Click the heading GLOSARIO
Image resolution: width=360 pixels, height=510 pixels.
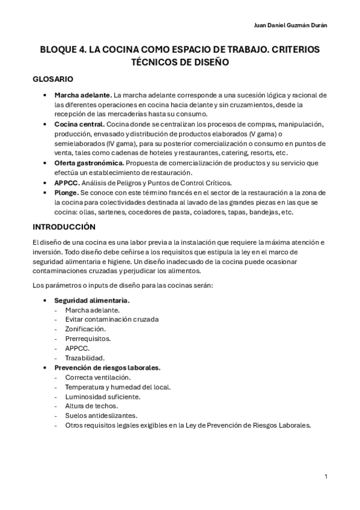click(53, 79)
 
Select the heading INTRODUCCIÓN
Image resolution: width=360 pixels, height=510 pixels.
click(64, 227)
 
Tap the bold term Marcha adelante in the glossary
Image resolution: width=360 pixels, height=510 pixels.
click(82, 95)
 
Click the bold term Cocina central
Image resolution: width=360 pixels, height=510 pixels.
click(79, 124)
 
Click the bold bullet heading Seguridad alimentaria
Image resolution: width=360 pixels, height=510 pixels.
click(92, 300)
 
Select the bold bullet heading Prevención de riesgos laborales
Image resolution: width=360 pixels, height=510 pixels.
click(107, 367)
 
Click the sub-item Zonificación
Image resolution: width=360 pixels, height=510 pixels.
click(85, 329)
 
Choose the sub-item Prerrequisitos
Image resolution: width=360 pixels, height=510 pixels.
click(88, 339)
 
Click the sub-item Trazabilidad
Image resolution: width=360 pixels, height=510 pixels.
click(85, 358)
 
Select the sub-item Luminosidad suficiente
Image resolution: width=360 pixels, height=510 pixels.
click(103, 396)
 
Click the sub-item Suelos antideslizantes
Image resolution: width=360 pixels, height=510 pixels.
click(100, 416)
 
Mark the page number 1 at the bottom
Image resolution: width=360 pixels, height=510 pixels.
click(325, 476)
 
